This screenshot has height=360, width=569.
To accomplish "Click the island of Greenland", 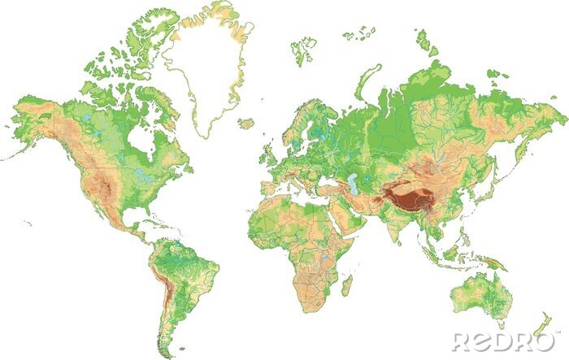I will [x=203, y=65].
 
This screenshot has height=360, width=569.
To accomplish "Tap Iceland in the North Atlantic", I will [x=245, y=124].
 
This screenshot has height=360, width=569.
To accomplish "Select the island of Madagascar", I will [x=347, y=284].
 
